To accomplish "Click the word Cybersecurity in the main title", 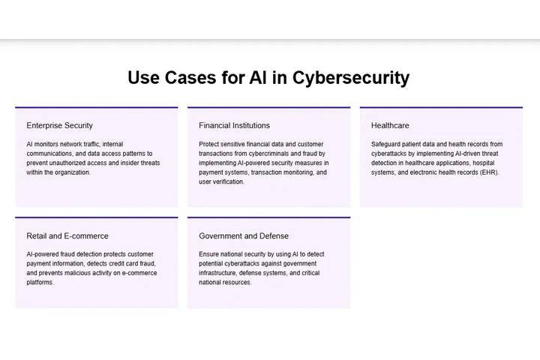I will (351, 77).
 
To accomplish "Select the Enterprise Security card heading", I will (59, 125).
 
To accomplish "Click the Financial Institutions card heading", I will (234, 125).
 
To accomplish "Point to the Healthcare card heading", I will (390, 125).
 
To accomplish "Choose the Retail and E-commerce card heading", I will (67, 235).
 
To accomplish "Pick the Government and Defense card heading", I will (244, 235).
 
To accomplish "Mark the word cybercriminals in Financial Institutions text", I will (274, 153).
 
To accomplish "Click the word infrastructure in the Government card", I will (219, 273).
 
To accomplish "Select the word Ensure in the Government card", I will (210, 254).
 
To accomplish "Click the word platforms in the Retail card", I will (40, 282).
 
